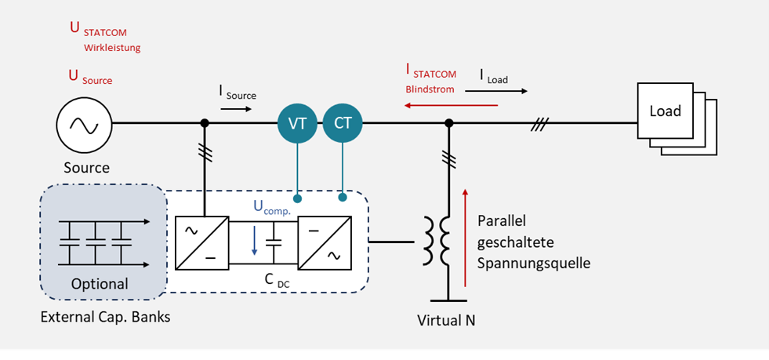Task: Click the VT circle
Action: click(297, 123)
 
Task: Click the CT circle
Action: click(343, 123)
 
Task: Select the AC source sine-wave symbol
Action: click(81, 124)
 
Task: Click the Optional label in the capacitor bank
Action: click(100, 283)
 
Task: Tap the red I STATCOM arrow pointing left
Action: click(452, 105)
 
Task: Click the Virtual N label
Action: click(447, 321)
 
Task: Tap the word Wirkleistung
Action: click(111, 48)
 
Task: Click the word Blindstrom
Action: click(430, 89)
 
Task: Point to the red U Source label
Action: click(91, 77)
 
